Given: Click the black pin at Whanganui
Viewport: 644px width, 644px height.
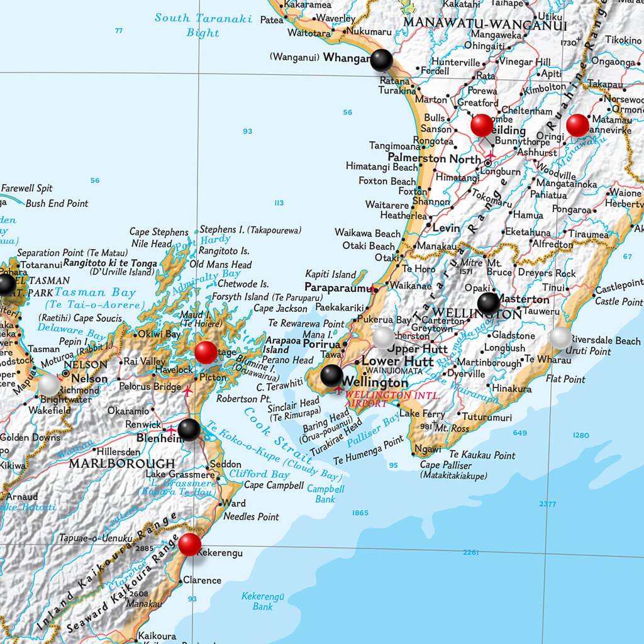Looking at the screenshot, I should [381, 60].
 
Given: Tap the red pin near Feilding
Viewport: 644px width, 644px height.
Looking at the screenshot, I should [482, 125].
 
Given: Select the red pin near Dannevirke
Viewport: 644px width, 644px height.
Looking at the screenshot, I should [577, 125].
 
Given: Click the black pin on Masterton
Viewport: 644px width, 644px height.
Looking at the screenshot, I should [489, 303].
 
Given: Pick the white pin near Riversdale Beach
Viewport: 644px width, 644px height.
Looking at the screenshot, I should [560, 338].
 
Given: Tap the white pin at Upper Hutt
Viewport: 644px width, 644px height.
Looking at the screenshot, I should [384, 338].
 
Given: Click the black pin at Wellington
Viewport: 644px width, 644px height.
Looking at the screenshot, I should [331, 375].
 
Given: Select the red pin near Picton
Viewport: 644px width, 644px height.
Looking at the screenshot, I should [206, 352].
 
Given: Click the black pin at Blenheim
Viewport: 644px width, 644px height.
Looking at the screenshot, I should [189, 430].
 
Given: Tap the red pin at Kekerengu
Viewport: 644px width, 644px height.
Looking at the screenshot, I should [189, 544].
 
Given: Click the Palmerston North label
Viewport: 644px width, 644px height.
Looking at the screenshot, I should [435, 158].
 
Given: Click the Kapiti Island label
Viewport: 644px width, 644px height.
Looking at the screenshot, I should [330, 274].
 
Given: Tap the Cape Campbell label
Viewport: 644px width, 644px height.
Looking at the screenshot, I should [274, 486].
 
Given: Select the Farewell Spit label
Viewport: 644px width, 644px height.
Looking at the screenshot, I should [26, 188].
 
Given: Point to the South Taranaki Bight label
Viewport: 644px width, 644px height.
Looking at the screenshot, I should [203, 25].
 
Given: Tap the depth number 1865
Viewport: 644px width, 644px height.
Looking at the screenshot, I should [360, 513].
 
